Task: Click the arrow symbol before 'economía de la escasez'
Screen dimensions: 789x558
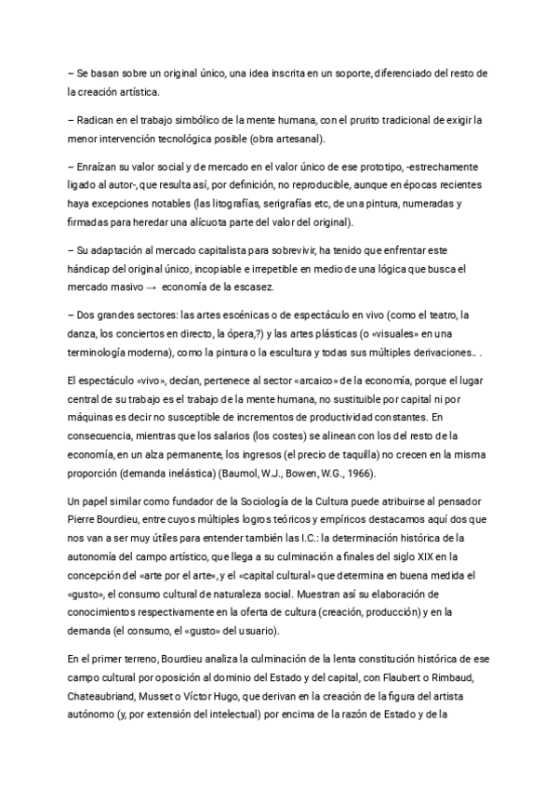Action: click(137, 287)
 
